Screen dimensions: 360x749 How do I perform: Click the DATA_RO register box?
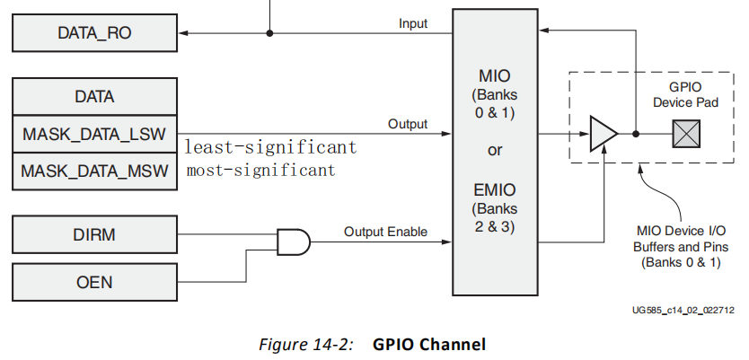coord(94,34)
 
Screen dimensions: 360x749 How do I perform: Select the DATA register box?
coord(94,96)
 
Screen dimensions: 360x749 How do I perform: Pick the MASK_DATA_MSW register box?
coord(94,170)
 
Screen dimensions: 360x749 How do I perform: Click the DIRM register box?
coord(94,235)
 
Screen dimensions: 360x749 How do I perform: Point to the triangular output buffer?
coord(603,134)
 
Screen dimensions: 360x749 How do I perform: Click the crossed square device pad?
coord(686,134)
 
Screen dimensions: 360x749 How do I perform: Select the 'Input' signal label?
coord(413,23)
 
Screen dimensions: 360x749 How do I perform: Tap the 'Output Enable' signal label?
coord(385,232)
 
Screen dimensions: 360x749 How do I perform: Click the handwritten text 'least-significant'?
coord(270,147)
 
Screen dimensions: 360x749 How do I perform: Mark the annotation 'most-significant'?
coord(260,170)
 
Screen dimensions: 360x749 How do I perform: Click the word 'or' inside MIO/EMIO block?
coord(495,150)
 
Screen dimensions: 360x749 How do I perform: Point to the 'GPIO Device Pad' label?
coord(686,95)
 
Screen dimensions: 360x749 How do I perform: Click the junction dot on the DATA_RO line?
coord(269,34)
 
